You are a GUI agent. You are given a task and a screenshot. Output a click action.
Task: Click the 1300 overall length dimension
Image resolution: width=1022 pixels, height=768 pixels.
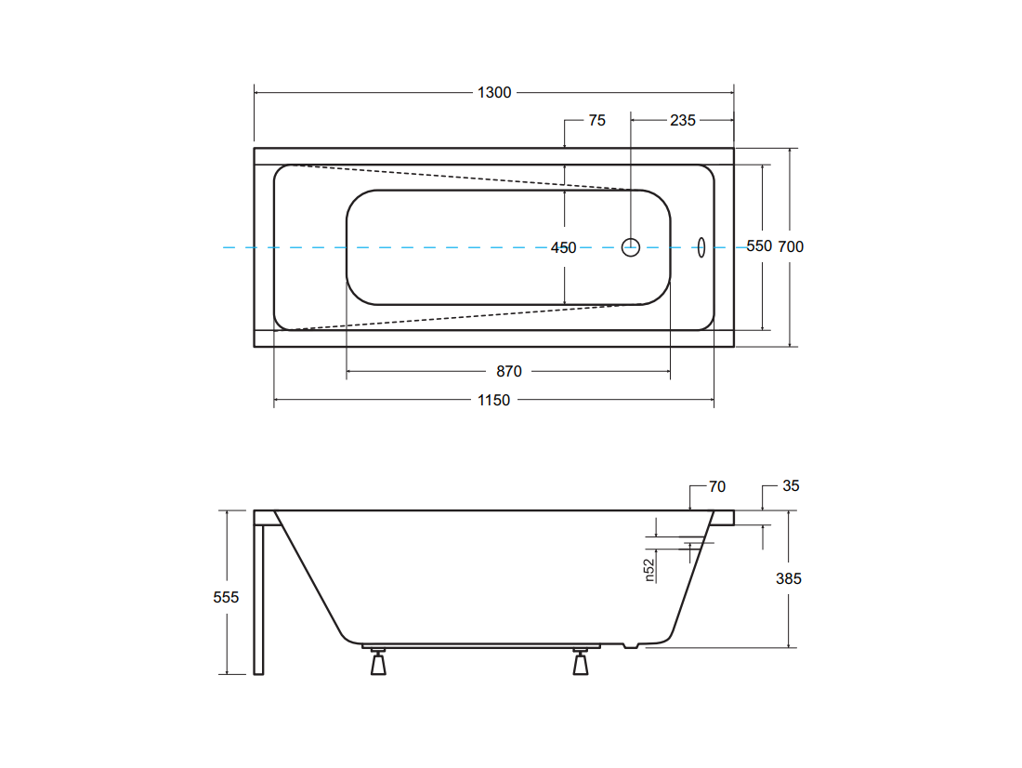[x=494, y=93]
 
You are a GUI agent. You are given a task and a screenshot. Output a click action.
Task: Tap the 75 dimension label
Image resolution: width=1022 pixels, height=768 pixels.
[x=596, y=120]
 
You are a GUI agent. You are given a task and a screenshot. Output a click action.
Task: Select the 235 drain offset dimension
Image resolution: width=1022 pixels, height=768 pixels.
[x=683, y=120]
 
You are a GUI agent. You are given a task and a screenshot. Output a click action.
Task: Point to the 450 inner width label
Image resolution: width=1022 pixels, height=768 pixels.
[x=563, y=248]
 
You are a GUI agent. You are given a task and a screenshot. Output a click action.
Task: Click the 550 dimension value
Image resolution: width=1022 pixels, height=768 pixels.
[x=759, y=246]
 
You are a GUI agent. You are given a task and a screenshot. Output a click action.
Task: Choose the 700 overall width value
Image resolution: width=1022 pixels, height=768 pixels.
[x=791, y=246]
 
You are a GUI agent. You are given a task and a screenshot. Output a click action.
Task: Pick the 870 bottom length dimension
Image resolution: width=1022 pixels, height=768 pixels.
[x=508, y=371]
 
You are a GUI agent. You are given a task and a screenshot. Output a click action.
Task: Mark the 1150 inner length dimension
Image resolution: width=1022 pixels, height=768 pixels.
[x=493, y=400]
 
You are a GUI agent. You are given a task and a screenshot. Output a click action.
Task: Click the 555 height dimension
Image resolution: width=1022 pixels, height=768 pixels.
[x=226, y=597]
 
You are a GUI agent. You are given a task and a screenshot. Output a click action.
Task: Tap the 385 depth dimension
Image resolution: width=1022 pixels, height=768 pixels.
[x=788, y=578]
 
